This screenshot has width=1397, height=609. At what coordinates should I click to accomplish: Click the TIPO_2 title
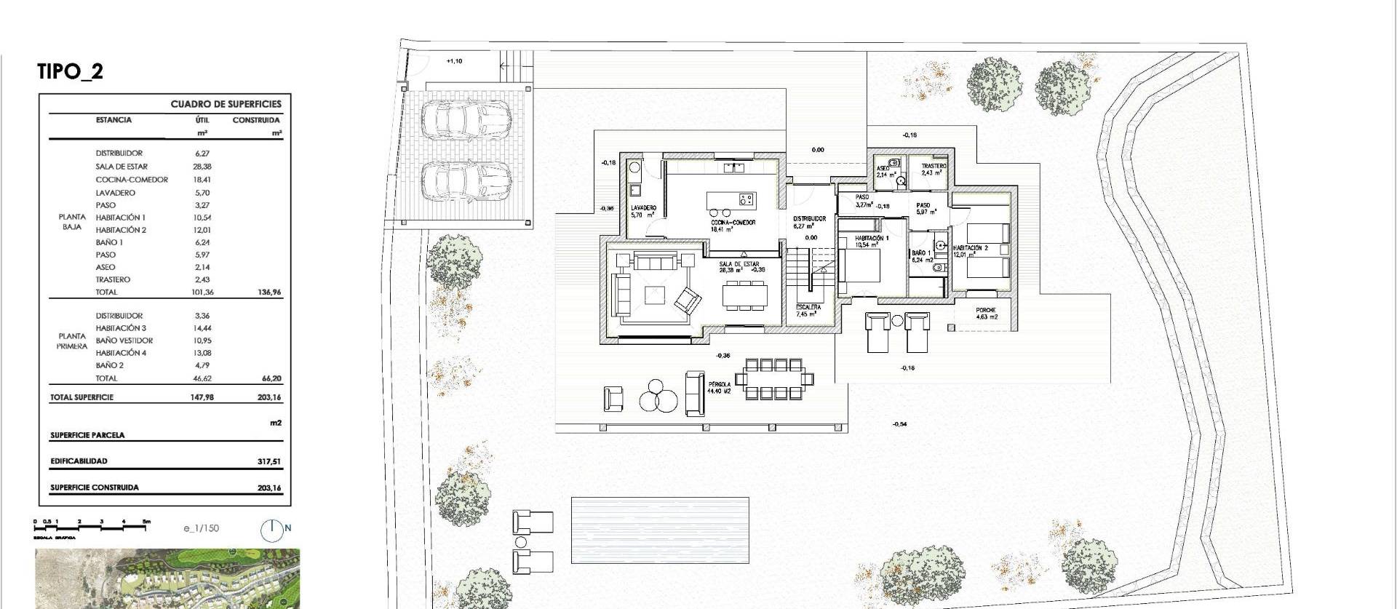click(70, 71)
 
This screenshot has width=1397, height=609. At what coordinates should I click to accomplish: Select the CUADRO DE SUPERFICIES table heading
click(226, 104)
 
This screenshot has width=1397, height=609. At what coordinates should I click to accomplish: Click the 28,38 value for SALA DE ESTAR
click(202, 167)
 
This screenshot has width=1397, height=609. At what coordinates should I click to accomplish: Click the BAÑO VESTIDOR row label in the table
click(124, 341)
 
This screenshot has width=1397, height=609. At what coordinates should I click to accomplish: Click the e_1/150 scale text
click(201, 529)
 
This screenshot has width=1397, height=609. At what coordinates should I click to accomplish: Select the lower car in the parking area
click(466, 179)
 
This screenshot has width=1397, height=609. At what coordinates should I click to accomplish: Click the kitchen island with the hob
click(731, 199)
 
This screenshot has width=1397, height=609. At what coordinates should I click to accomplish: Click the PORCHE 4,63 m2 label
click(986, 314)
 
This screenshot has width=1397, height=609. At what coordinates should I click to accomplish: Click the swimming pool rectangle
click(660, 530)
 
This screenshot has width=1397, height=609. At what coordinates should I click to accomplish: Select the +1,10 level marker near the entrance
click(454, 61)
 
